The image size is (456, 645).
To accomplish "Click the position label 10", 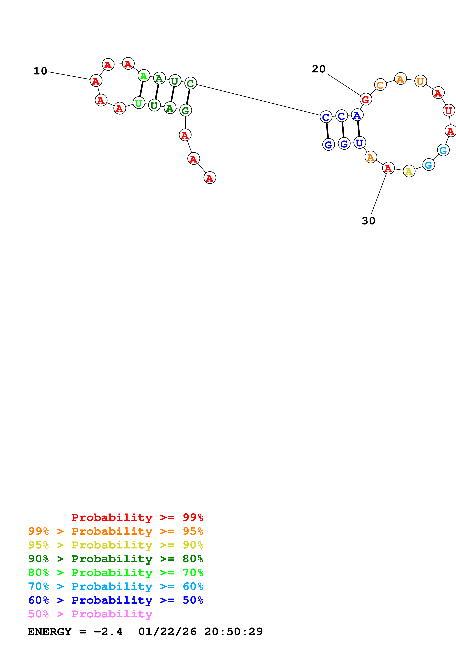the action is pos(40,71).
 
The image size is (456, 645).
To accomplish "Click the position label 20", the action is pos(319,69).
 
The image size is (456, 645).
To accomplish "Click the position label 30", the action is pos(368,221).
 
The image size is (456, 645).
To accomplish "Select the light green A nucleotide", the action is pos(144,76).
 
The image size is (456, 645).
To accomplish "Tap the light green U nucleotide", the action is pos(139,103).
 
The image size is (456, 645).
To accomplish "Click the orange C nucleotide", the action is pos(380,85).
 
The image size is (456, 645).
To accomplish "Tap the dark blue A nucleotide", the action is pos(357,115).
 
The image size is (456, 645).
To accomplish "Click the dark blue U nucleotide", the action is pos(359,143).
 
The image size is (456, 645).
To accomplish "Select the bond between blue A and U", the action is pos(358,129).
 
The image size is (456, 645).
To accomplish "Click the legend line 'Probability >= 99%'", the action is pos(137,517).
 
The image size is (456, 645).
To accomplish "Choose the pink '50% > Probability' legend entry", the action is pos(90,614).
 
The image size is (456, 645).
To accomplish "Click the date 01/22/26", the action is pos(167,632).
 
